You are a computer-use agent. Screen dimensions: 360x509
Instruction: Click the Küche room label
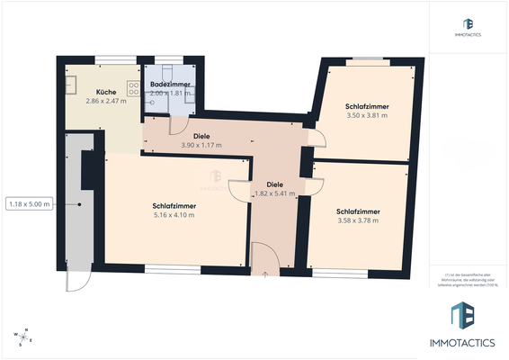tap(106, 92)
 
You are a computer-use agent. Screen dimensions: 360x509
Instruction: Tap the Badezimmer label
tap(169, 84)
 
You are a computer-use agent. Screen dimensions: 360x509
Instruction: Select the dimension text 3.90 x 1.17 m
tap(201, 145)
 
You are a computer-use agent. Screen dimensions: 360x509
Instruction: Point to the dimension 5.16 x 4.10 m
tap(175, 215)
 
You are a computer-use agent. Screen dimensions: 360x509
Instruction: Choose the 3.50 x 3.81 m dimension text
tap(366, 115)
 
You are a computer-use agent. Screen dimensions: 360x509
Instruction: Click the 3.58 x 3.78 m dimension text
tap(357, 220)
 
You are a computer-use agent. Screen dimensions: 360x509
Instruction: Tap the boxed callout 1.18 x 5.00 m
tap(30, 204)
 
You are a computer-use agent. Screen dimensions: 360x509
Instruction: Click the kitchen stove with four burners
tap(133, 88)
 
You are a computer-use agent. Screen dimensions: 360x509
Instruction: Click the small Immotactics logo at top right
tap(468, 24)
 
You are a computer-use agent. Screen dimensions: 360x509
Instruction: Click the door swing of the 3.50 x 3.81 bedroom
tap(316, 138)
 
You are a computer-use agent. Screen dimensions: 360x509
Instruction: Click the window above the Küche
tap(111, 60)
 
